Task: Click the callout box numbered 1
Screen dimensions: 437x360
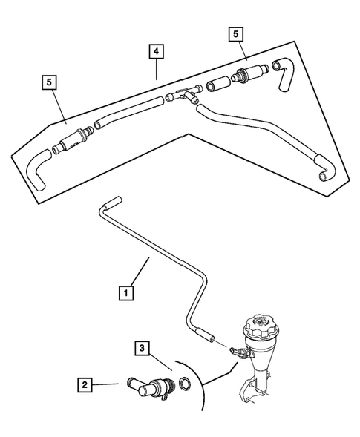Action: [x=128, y=293]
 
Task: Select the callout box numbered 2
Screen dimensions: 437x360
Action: [x=86, y=384]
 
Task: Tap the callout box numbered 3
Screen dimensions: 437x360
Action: [x=141, y=348]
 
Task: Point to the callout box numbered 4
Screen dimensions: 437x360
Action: [x=156, y=51]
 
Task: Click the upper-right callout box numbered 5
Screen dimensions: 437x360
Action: [x=235, y=34]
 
